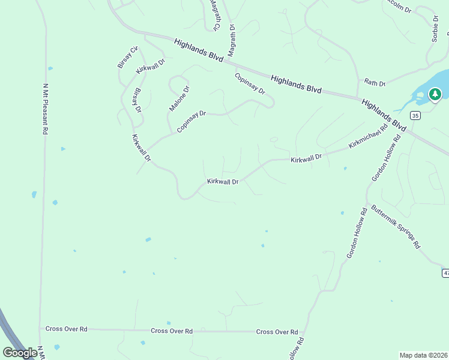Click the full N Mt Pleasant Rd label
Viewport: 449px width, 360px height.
pos(45,109)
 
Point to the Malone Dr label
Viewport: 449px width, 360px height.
pos(179,98)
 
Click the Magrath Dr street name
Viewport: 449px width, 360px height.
pos(232,40)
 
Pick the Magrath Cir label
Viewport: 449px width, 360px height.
pos(214,14)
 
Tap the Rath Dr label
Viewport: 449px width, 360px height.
pos(375,83)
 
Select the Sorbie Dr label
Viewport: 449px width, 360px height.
pos(435,29)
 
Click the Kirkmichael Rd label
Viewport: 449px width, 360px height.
pos(368,137)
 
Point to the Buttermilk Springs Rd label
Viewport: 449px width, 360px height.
pos(396,227)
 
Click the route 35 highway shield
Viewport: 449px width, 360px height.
pos(415,115)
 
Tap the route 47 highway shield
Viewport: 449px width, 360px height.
pos(445,273)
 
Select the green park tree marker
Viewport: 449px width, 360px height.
pos(435,94)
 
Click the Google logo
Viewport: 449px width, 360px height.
pos(19,353)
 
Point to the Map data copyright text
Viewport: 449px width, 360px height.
pos(424,355)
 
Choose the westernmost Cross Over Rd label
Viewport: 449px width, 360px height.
pos(67,329)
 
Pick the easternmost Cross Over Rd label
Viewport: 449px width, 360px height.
pos(277,332)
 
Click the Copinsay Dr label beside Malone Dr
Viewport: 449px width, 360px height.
pos(191,122)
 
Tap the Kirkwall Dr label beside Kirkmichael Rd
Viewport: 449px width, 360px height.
pos(306,158)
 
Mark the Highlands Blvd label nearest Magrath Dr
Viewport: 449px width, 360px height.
pos(199,50)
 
